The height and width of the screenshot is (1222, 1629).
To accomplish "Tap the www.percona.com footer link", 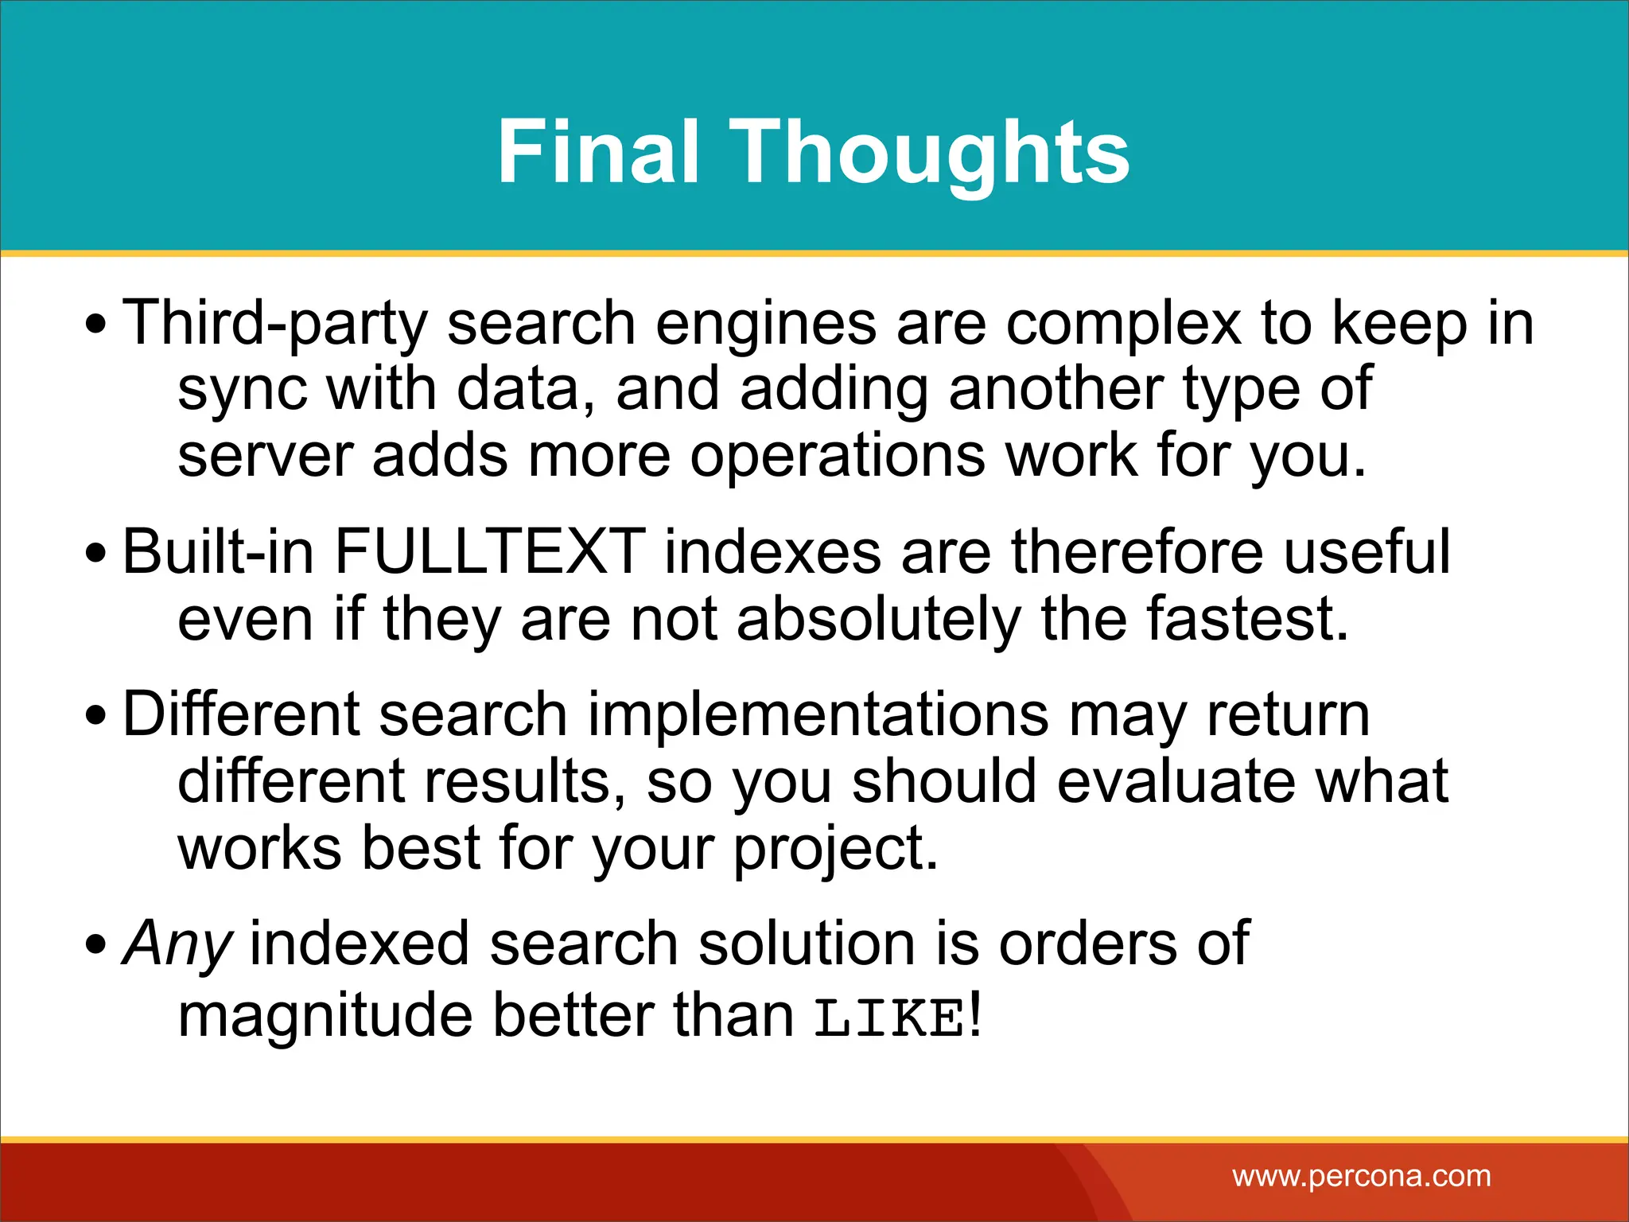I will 1362,1176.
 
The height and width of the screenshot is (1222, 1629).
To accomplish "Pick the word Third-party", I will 275,323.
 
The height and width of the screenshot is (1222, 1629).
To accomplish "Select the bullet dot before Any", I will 95,944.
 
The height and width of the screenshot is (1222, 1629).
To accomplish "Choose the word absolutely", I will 878,619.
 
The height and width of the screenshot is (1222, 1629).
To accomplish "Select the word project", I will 834,849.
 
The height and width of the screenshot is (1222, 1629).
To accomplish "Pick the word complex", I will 1123,323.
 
